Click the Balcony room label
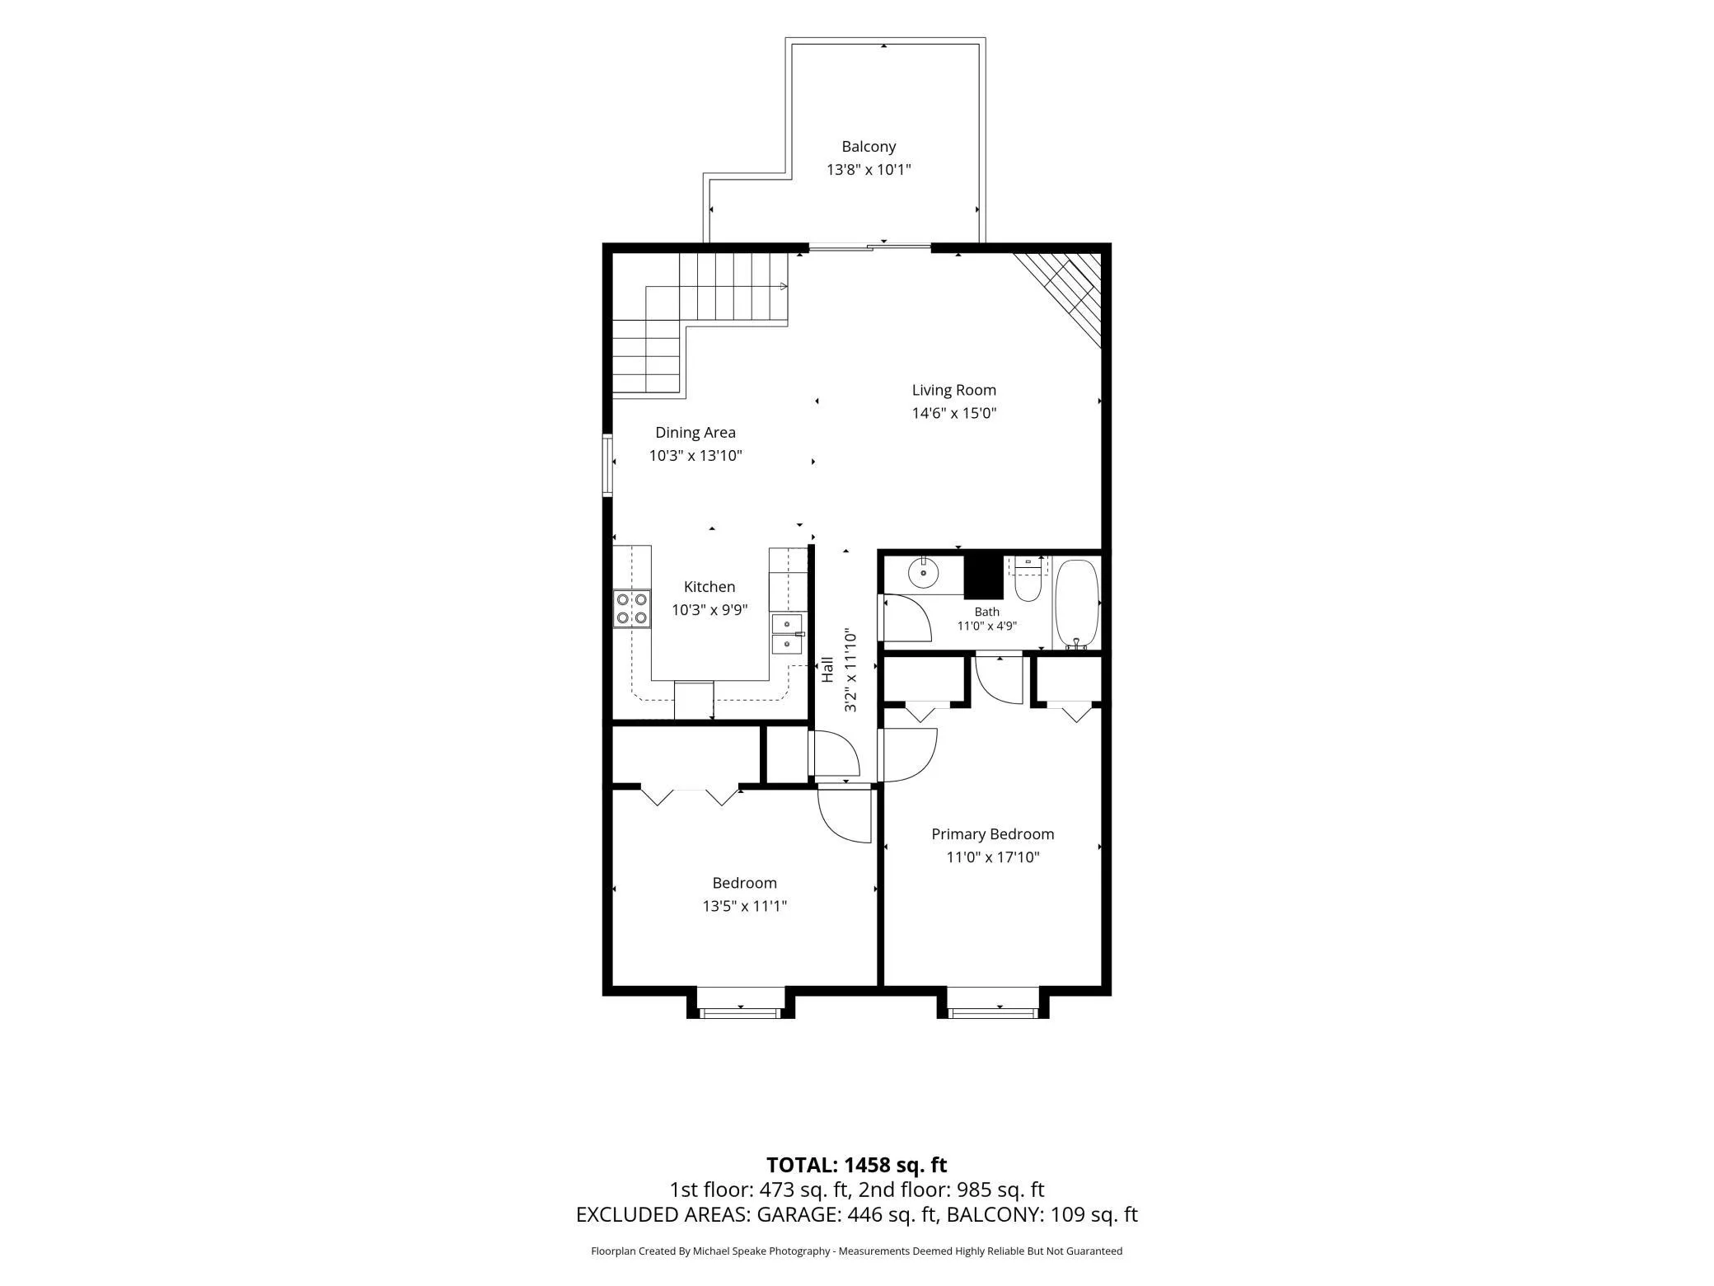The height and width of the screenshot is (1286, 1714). click(869, 147)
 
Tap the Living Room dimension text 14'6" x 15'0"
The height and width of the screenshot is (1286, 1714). click(954, 413)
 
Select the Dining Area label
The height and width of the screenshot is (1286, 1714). click(695, 432)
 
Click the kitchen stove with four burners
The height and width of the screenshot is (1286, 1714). click(632, 608)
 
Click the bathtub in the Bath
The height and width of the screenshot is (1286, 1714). click(1077, 604)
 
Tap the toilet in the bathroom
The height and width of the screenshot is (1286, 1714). click(1028, 578)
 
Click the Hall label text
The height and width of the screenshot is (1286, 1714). click(827, 669)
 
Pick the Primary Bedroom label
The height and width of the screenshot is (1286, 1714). click(993, 834)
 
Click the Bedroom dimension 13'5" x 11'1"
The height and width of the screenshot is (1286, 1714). click(745, 906)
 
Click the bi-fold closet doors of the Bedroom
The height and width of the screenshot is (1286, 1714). click(690, 796)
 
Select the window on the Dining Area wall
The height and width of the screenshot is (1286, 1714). click(608, 466)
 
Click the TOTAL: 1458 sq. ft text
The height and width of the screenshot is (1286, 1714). click(857, 1165)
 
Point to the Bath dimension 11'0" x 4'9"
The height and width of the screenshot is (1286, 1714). click(987, 626)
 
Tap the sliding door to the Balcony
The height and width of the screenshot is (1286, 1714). click(869, 246)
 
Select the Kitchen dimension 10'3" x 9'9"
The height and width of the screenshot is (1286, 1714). click(709, 610)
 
